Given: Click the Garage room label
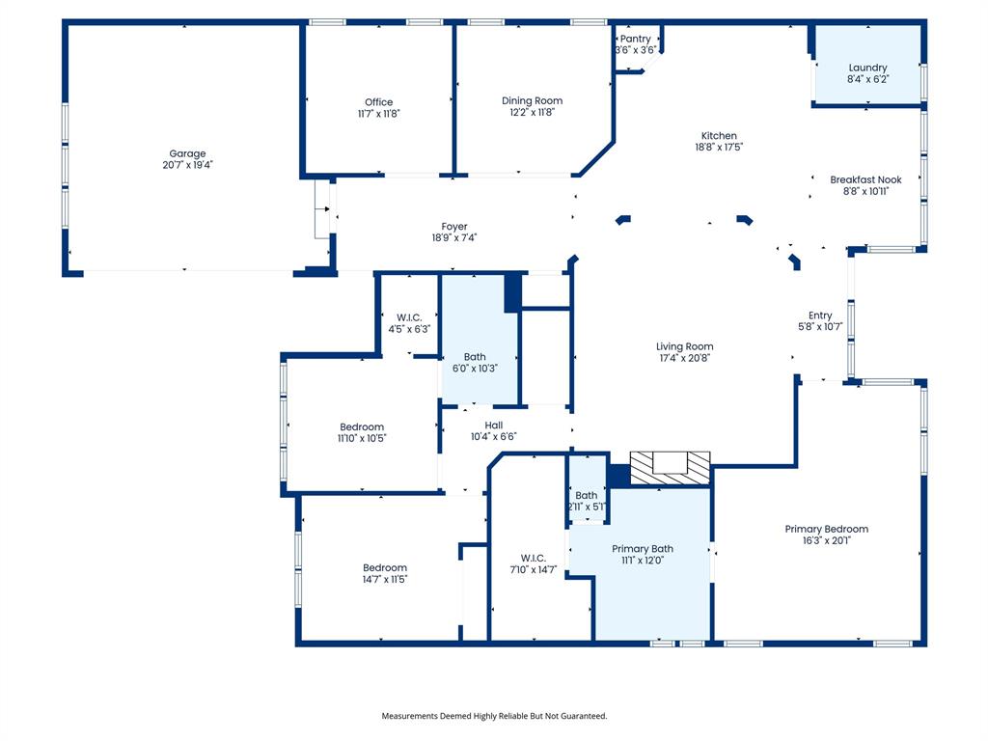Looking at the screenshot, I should pos(187,153).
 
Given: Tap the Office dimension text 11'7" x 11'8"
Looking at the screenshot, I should pos(378,113).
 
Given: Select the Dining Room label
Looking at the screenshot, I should pos(532,100).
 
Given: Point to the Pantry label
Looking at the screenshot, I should pos(635,39).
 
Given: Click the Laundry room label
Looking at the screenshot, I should pos(867,68).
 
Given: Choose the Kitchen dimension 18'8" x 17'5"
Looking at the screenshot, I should pos(719,148).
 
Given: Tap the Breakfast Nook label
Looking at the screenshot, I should pos(865,179).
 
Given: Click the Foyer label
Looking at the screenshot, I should pos(454,227).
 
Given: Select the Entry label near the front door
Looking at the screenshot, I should pos(820,316).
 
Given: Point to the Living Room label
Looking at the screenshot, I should pos(684,346).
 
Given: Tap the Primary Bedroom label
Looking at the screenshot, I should pos(826,529).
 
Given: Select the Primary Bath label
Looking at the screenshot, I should pos(643,549).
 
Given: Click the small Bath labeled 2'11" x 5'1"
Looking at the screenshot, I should pos(587,501).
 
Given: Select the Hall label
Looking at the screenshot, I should pos(494,425).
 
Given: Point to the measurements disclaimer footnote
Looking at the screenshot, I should pos(494,716).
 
